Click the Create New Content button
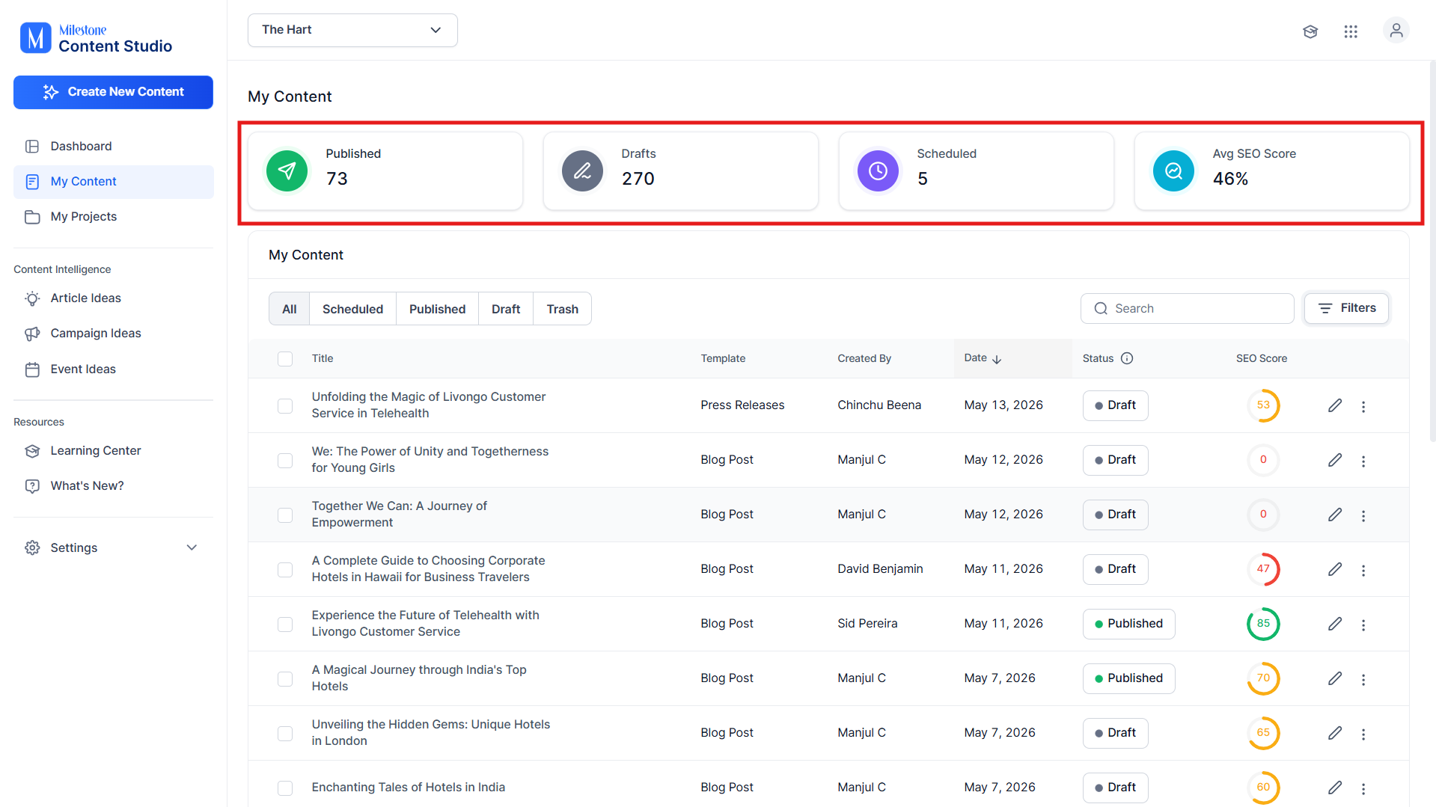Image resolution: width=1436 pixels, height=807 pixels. click(113, 92)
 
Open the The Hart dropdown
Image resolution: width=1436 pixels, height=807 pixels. click(352, 30)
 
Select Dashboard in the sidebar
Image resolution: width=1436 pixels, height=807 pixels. click(81, 147)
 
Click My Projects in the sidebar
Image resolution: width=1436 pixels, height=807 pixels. click(83, 217)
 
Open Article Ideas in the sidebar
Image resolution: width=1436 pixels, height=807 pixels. click(85, 298)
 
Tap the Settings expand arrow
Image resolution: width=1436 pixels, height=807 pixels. click(192, 547)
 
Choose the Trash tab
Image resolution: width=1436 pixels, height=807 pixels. click(562, 309)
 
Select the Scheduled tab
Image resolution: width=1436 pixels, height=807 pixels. click(352, 309)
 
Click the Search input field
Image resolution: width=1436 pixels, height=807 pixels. click(1187, 309)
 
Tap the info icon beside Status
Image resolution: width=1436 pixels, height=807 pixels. click(1127, 358)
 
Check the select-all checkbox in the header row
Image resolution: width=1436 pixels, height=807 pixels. click(285, 359)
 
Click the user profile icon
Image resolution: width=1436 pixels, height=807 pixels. click(1396, 31)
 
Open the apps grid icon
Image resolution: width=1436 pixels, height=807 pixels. click(1351, 31)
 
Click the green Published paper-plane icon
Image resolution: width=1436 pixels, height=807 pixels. click(287, 171)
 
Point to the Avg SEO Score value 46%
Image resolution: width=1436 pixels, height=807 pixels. click(1230, 179)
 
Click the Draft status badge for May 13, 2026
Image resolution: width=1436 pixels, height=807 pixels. click(1115, 405)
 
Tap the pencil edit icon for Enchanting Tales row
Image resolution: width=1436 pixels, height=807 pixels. click(1335, 788)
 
